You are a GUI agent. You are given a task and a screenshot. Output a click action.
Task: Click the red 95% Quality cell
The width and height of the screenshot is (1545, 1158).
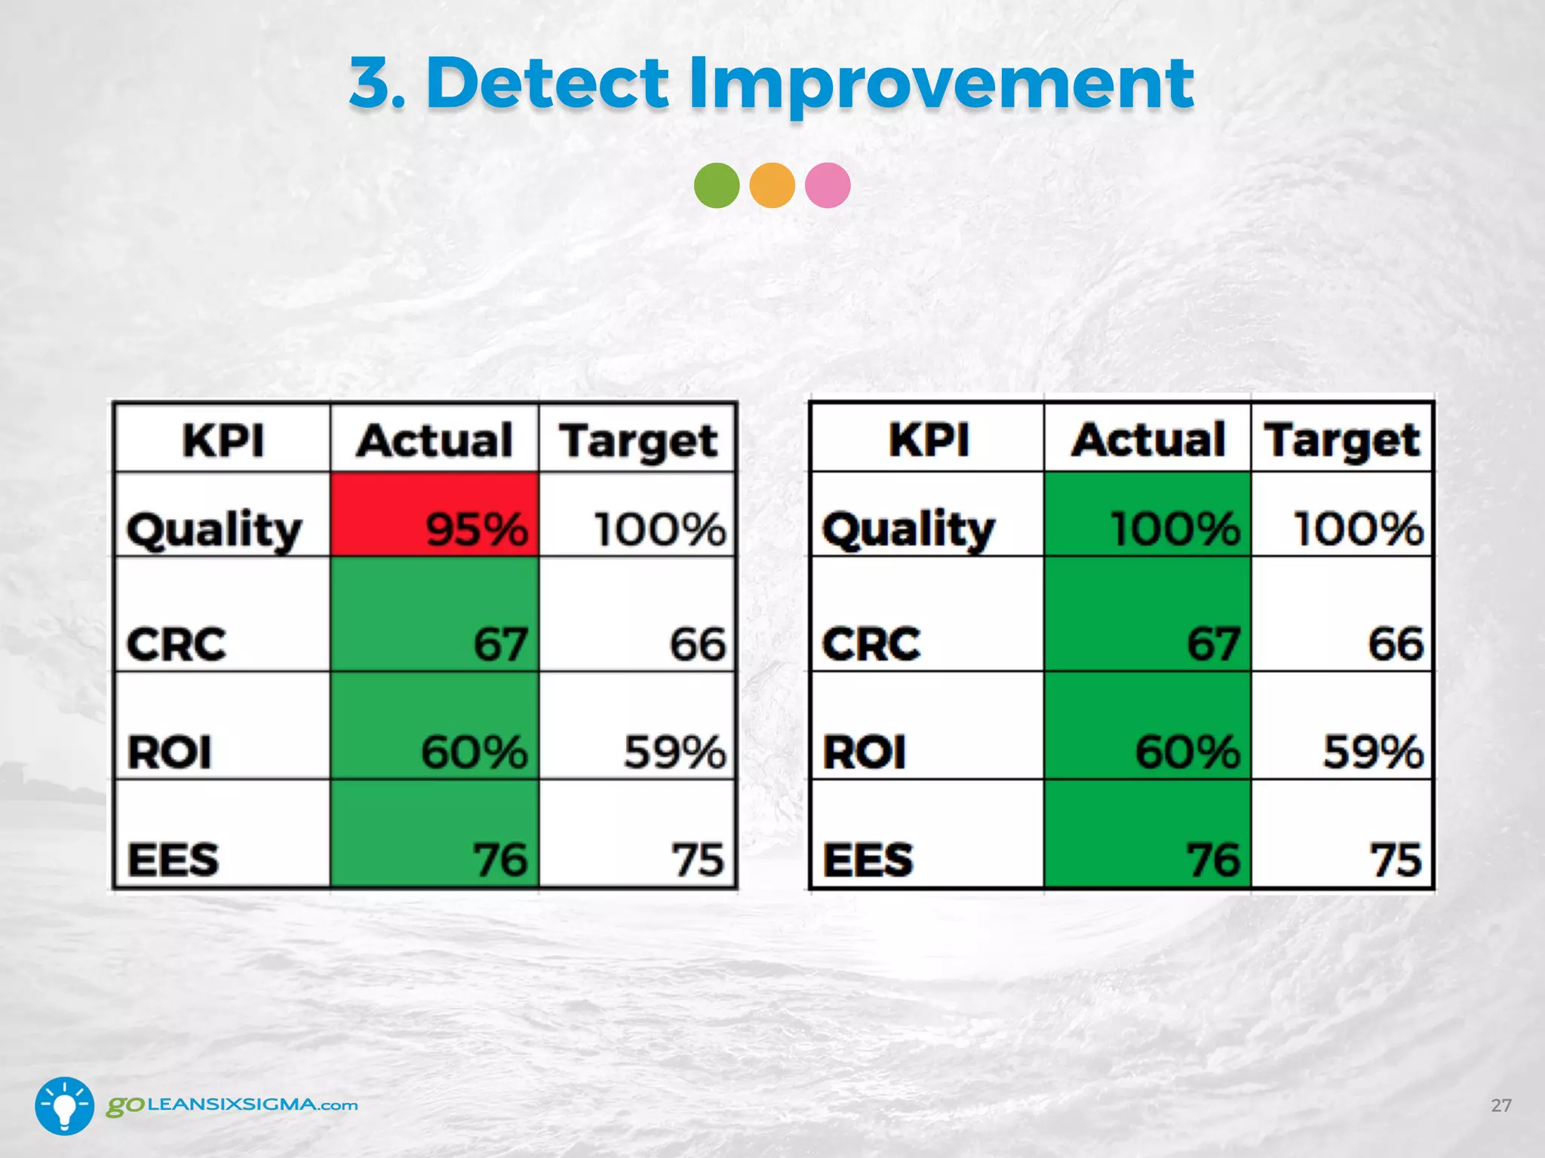[435, 515]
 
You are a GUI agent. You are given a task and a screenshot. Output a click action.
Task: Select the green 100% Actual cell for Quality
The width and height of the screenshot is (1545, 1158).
[1147, 515]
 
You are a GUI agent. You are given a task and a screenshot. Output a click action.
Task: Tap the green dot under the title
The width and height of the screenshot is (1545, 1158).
[716, 185]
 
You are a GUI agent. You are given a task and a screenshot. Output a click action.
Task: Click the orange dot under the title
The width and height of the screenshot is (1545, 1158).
[772, 185]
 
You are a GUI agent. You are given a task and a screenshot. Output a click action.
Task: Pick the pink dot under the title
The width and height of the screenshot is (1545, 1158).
[828, 185]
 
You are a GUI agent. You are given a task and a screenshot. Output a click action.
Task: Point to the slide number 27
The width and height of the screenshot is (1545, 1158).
[1500, 1105]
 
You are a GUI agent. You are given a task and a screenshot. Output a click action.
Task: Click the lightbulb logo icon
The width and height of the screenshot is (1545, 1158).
[65, 1105]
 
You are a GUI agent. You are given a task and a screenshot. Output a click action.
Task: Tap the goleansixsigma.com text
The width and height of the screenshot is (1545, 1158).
[232, 1105]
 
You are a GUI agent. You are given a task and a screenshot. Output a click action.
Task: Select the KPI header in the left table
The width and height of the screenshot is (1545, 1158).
[223, 440]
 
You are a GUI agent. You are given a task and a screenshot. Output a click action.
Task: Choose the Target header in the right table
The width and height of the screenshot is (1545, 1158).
[1342, 440]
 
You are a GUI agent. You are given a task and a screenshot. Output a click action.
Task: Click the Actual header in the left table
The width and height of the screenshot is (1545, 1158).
[435, 440]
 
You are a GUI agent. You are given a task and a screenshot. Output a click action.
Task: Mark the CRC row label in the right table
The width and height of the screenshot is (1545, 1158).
[871, 643]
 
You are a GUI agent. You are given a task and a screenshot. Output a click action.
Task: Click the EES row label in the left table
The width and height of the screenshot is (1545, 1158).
[174, 859]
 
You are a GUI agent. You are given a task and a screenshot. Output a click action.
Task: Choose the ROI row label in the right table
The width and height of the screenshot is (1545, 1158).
[865, 752]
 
